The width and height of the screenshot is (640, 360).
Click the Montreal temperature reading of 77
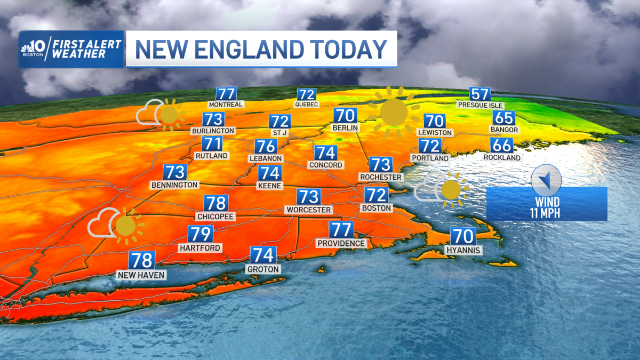[226, 93]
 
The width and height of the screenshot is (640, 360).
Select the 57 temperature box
[480, 94]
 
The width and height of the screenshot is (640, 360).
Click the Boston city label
[377, 207]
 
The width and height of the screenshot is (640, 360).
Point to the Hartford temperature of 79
[201, 234]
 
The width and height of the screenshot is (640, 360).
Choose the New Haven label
[142, 275]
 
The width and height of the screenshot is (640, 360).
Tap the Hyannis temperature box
[463, 236]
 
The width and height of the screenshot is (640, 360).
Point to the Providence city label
[341, 243]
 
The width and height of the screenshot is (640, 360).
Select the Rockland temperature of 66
[502, 146]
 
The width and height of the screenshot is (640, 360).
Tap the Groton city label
[263, 269]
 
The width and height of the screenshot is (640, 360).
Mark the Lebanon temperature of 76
[265, 147]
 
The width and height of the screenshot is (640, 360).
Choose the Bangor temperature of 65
[503, 118]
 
